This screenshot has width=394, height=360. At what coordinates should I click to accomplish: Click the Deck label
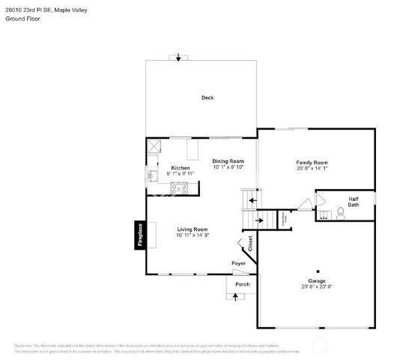point(207,97)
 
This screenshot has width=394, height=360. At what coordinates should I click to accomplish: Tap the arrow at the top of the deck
point(178,58)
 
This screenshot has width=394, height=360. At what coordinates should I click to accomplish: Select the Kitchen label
point(181,167)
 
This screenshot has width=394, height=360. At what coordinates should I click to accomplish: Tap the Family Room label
point(312,163)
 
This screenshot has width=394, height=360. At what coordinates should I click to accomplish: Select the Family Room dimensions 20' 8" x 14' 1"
point(312,169)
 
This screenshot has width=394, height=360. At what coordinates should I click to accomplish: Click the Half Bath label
point(353,202)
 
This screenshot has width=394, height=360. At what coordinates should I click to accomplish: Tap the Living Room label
point(192,229)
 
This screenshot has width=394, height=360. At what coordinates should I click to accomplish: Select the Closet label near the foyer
point(250,243)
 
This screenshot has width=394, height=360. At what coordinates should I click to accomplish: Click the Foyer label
point(238,263)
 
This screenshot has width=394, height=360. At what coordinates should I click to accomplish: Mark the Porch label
point(242,284)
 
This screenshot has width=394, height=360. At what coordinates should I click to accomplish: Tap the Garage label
point(317,280)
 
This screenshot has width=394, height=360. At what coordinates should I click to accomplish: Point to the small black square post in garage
point(318,271)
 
